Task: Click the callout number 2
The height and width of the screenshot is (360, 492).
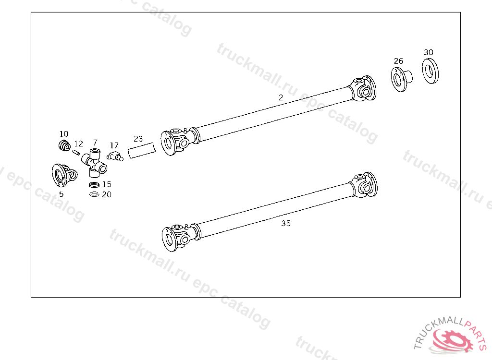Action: (281, 97)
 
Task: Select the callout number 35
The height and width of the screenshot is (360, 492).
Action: (286, 223)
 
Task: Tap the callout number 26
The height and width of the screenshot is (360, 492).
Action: (398, 61)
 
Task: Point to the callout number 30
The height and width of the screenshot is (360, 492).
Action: (428, 52)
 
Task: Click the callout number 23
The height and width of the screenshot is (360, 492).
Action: (138, 139)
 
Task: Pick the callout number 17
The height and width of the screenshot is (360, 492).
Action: (114, 145)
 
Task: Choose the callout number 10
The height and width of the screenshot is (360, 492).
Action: (64, 134)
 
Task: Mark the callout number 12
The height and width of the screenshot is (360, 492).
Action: (78, 144)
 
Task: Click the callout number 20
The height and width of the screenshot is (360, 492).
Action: (107, 194)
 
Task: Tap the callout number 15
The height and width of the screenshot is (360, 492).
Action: (107, 184)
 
